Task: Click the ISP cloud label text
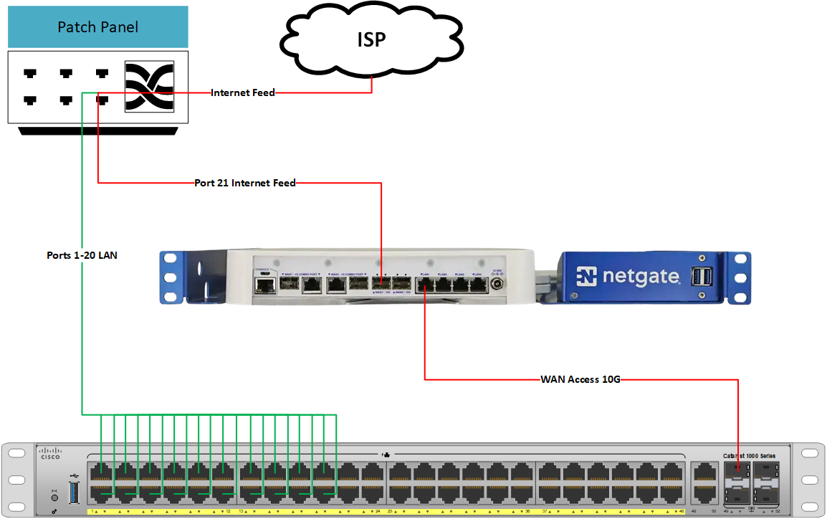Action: [371, 39]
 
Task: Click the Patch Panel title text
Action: [97, 28]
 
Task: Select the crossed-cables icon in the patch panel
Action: [150, 86]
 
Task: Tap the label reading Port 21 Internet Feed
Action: [245, 183]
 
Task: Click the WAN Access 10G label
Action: [580, 379]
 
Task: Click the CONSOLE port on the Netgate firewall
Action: [266, 285]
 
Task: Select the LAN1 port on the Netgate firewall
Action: [424, 285]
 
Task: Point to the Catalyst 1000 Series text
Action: [749, 455]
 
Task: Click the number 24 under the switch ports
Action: [377, 511]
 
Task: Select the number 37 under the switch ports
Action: [545, 511]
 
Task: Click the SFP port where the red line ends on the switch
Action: [737, 471]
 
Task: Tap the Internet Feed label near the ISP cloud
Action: [243, 92]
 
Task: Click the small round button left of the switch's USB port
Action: [54, 495]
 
